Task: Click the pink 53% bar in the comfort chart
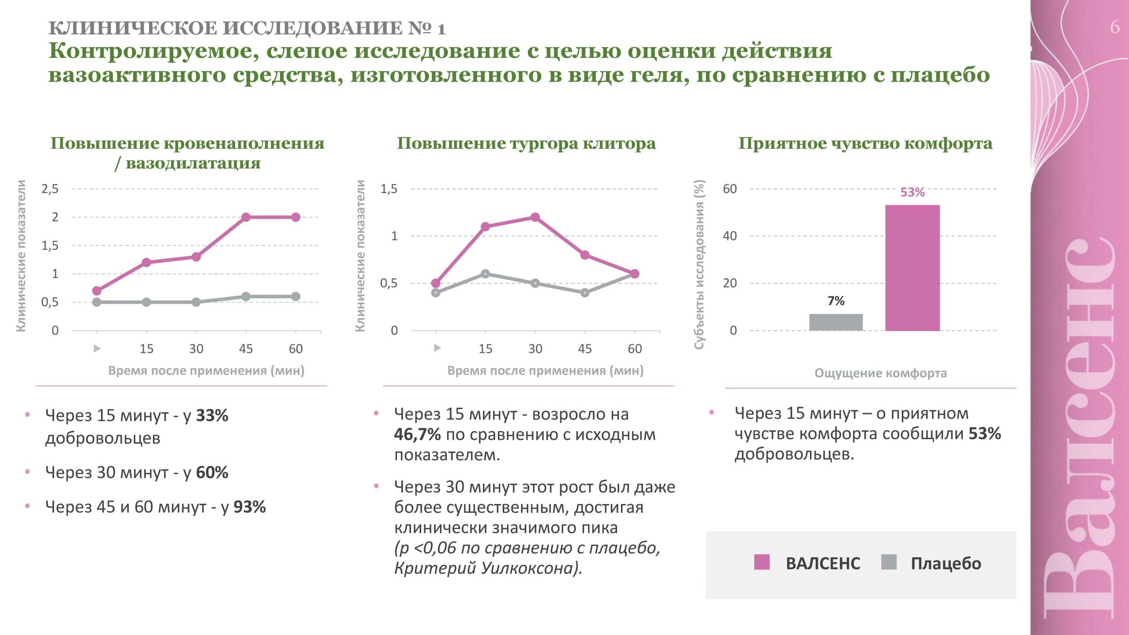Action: coord(912,268)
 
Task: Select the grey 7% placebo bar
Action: coord(836,322)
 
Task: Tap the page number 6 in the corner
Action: coord(1114,27)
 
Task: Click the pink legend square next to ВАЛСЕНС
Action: coord(762,562)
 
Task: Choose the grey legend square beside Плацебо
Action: coord(889,562)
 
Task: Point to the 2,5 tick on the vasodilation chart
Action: coord(50,189)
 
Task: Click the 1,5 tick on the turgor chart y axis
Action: coord(389,189)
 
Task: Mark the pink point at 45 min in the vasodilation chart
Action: coord(246,217)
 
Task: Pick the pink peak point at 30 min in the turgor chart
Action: coord(535,217)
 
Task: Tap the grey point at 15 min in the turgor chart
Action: coord(485,274)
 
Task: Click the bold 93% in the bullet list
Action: coord(250,507)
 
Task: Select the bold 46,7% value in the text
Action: coord(417,434)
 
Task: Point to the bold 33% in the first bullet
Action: coord(212,415)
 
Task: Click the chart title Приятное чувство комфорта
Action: coord(865,143)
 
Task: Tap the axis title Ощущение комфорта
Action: coord(880,373)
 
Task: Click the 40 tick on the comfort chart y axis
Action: coord(729,236)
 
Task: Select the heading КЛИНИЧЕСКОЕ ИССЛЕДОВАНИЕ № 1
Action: coord(247,28)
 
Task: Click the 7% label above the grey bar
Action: coord(836,301)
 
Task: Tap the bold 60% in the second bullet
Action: coord(212,473)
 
